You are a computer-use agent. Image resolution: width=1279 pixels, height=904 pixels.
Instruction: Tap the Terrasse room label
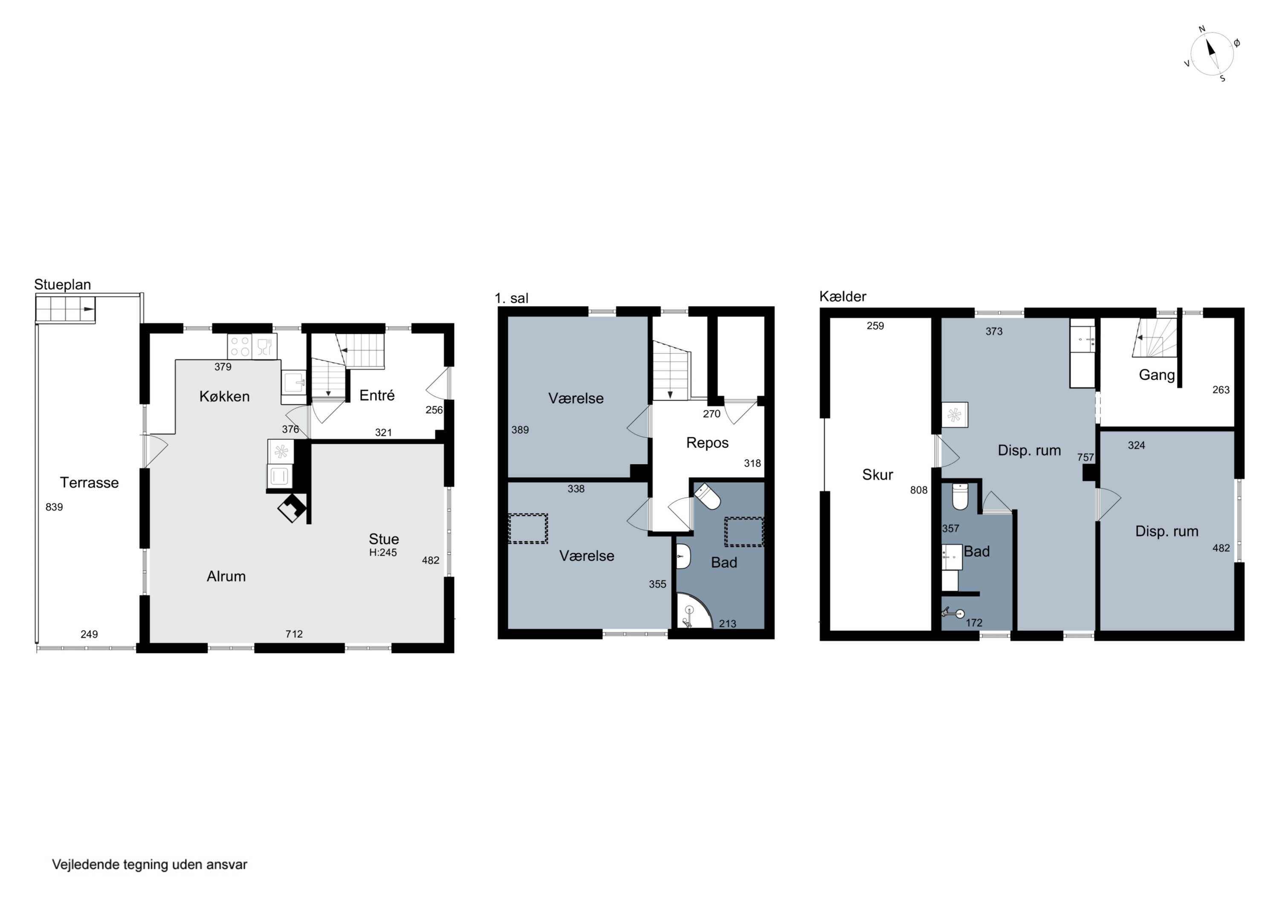pos(89,482)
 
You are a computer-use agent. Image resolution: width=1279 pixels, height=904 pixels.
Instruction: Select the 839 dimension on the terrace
pos(54,507)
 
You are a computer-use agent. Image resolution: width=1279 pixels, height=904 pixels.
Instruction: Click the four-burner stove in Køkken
pos(240,347)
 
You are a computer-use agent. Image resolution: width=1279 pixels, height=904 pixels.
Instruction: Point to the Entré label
pos(377,396)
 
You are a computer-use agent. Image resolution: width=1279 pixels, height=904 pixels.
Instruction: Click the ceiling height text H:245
pos(383,552)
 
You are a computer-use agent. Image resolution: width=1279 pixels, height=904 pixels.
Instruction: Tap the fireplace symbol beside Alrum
pos(292,508)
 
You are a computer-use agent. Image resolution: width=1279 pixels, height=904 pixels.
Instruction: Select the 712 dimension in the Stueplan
pos(294,634)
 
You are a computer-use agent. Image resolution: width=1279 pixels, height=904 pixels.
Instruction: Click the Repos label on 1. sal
pos(707,443)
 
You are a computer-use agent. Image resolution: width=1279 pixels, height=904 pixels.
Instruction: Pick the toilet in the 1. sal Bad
pos(707,496)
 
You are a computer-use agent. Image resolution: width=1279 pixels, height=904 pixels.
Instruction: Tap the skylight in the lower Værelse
pos(527,529)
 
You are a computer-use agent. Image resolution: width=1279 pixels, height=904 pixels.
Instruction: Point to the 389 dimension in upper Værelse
pos(520,430)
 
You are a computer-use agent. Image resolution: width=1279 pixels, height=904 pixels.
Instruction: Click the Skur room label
pos(877,474)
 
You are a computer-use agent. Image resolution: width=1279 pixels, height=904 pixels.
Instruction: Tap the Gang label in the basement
pos(1157,375)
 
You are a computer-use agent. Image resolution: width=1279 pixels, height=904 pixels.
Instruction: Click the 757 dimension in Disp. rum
pos(1086,457)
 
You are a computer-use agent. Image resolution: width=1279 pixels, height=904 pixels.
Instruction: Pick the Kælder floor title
pos(843,296)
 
